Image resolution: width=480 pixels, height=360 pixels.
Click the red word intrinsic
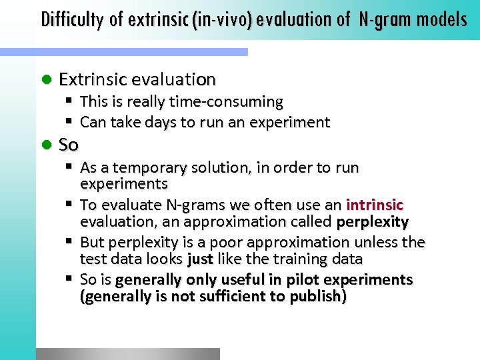tap(375, 205)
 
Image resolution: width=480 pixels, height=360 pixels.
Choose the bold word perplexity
tap(373, 222)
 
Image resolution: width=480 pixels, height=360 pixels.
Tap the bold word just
tap(199, 259)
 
